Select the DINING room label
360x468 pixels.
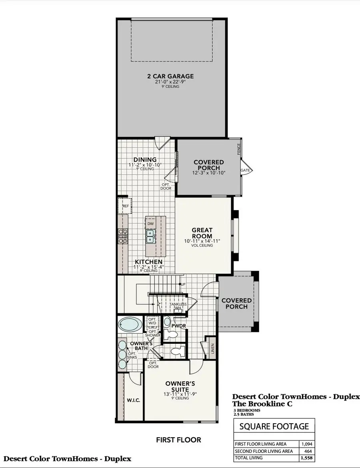(145, 160)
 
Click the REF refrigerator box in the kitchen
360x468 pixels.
(125, 206)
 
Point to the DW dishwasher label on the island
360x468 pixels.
(150, 224)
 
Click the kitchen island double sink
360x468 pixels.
(151, 239)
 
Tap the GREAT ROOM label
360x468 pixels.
(202, 233)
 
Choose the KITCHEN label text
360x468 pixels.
(148, 262)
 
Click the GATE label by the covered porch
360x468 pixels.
(245, 170)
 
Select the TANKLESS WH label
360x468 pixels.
(178, 306)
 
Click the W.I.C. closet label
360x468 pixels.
(134, 400)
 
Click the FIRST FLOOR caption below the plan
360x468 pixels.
(178, 440)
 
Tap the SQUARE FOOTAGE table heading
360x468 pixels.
(274, 426)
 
